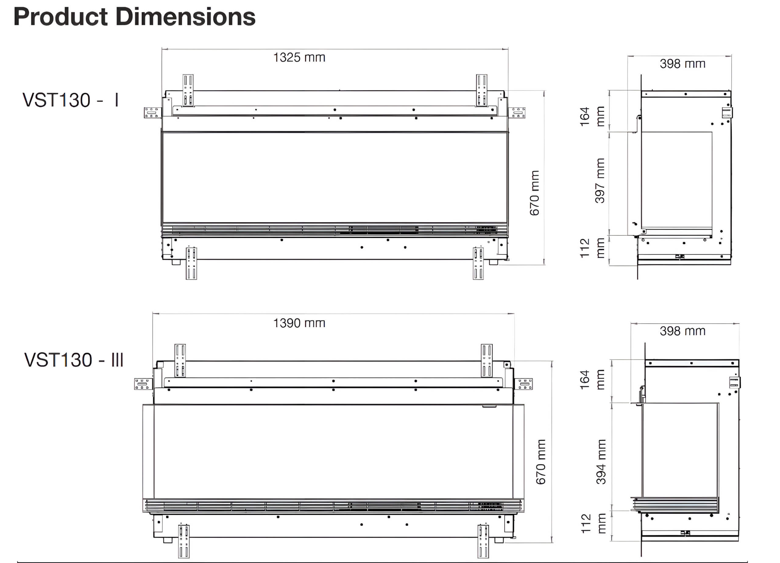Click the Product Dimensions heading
[134, 16]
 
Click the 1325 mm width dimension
[299, 57]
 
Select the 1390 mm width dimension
[299, 323]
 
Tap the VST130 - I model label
[70, 100]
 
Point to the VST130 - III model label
[74, 360]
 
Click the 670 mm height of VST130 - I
[534, 193]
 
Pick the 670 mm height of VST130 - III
[541, 462]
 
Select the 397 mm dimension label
[600, 181]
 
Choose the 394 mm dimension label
[601, 462]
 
